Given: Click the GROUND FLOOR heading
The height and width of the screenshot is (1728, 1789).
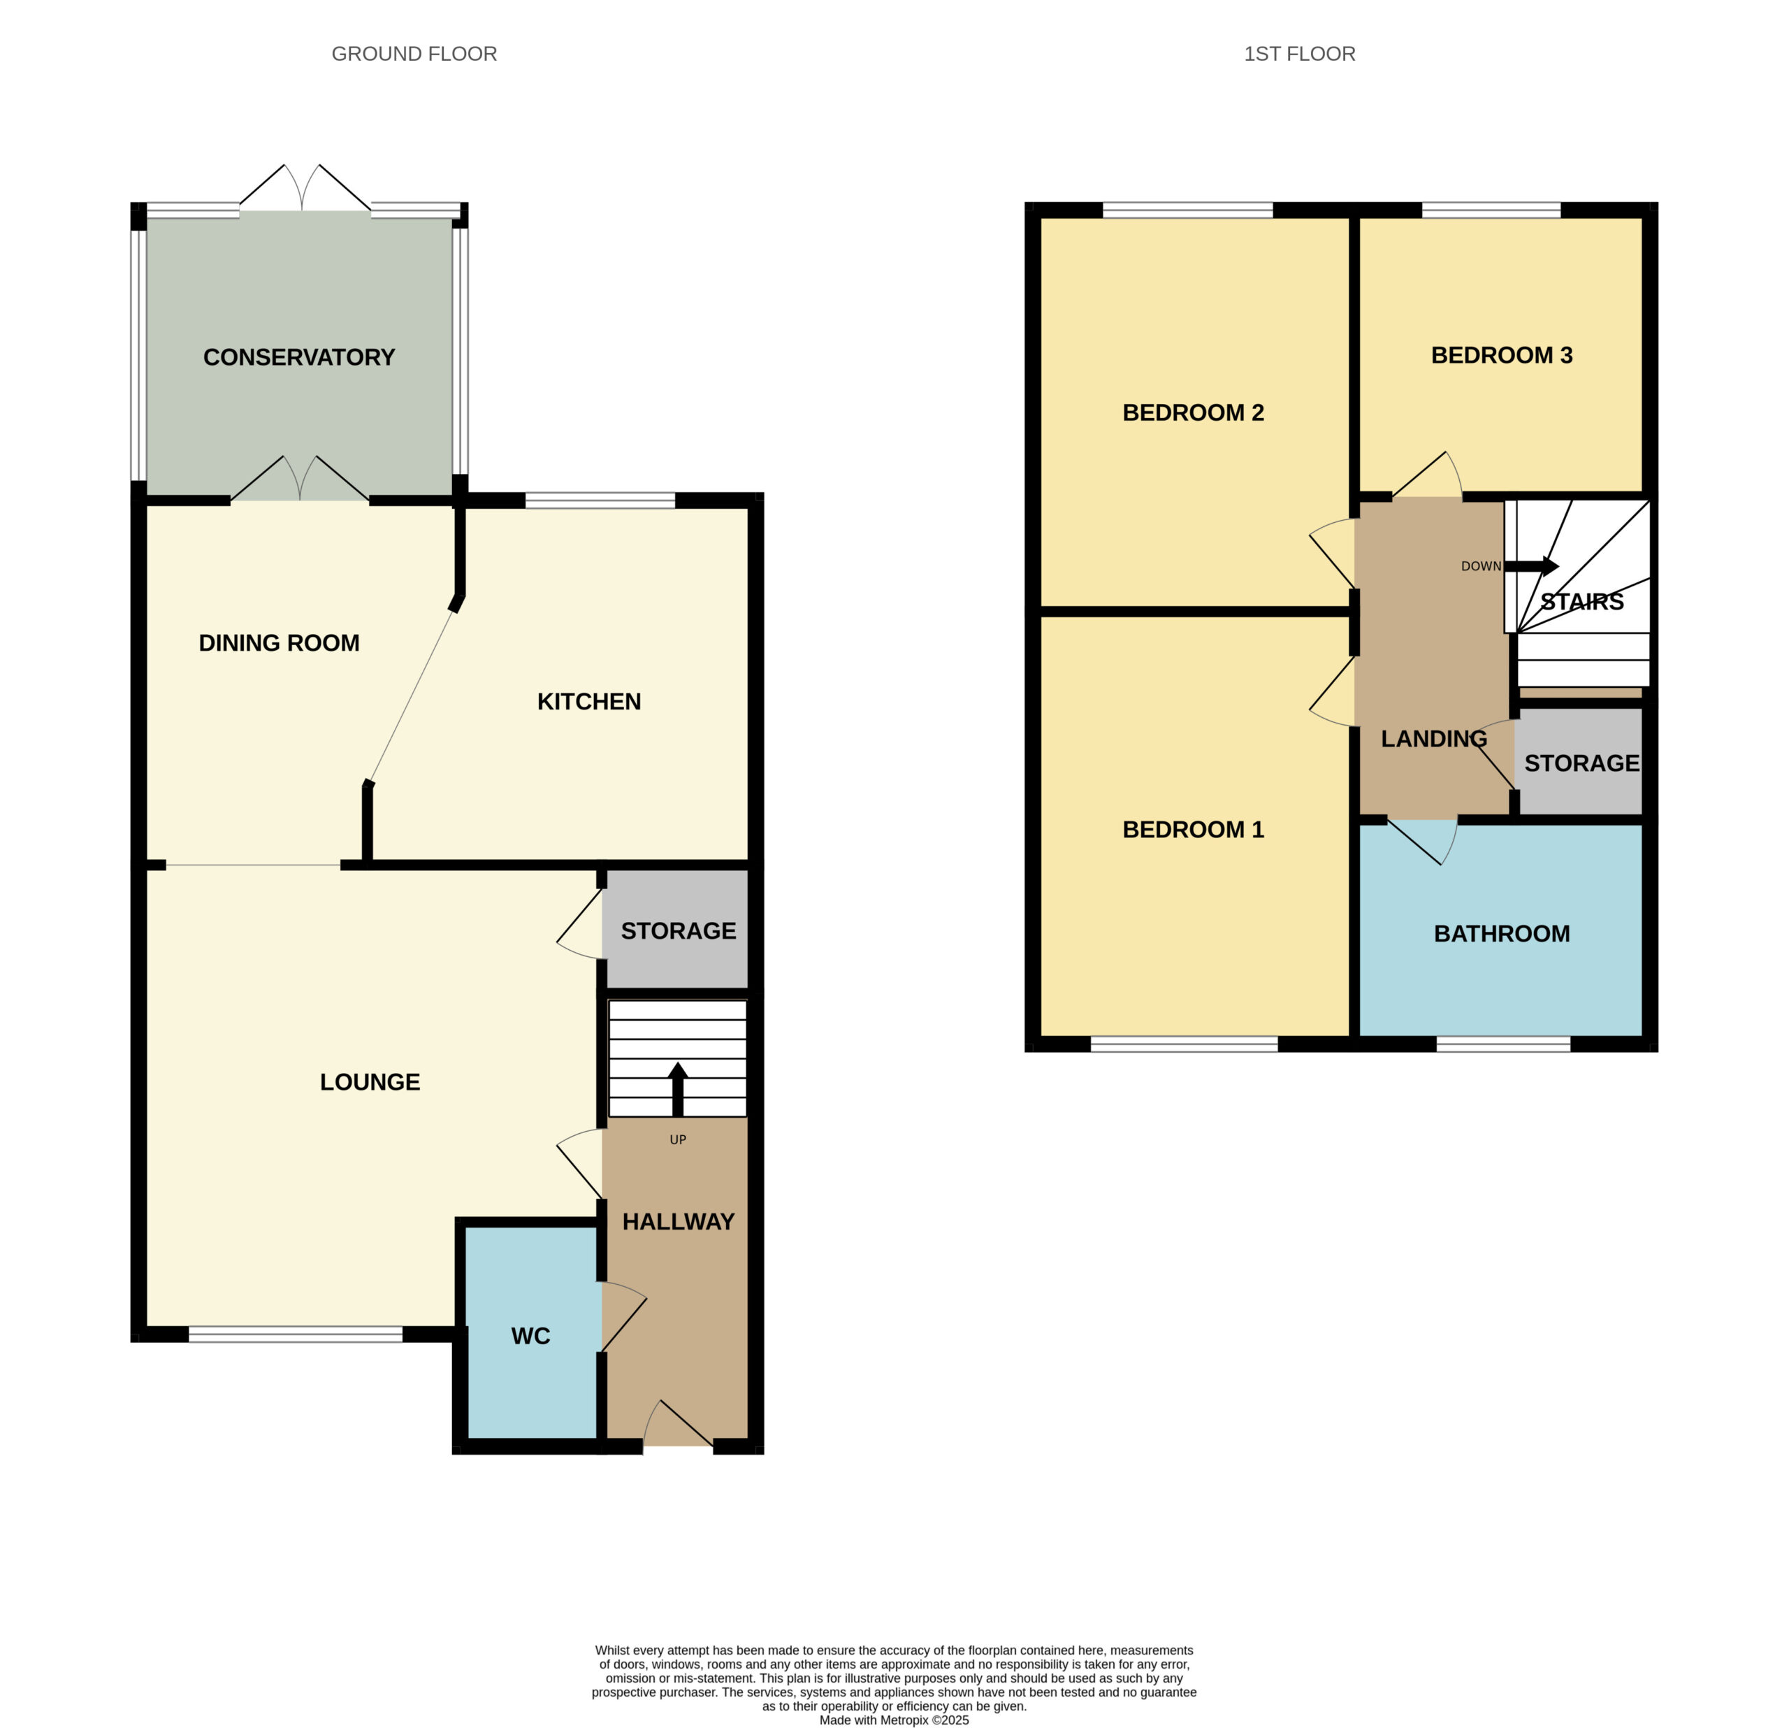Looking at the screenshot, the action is (414, 54).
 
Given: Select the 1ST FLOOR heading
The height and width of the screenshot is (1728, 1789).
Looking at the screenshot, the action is (1299, 54).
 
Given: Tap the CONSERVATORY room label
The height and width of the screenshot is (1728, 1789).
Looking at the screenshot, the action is (298, 357).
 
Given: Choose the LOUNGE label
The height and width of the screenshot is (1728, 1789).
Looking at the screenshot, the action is (370, 1081).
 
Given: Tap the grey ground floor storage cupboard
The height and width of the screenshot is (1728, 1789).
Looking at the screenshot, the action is (677, 928).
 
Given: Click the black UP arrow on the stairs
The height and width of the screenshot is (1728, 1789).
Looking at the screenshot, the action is (677, 1089).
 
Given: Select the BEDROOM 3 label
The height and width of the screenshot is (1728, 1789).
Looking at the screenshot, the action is (1502, 355).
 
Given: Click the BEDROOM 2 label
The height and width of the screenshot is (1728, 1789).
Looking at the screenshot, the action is (1193, 412).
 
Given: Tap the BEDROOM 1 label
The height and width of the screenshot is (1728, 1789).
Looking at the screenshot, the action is (1193, 829).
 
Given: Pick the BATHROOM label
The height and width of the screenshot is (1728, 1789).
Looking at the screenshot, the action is (1502, 933).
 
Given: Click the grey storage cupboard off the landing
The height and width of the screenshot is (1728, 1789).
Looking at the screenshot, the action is (1580, 761).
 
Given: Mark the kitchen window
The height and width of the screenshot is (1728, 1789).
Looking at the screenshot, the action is (600, 499).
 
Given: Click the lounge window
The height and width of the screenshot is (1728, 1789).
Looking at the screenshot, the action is (296, 1334).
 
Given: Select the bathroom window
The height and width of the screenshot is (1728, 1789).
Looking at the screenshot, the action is (1503, 1044).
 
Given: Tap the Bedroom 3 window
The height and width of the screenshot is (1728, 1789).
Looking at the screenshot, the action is (1491, 210).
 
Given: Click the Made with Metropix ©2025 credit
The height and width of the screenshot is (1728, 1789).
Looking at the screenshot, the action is (894, 1720).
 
